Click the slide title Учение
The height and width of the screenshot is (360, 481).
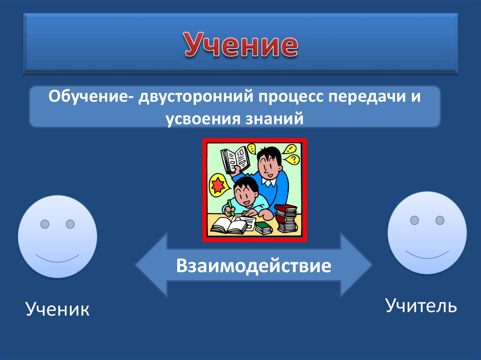point(240,46)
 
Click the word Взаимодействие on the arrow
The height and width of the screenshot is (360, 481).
point(254,266)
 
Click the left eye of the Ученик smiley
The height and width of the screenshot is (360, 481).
point(45,224)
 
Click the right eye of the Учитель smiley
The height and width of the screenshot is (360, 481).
point(440,220)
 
